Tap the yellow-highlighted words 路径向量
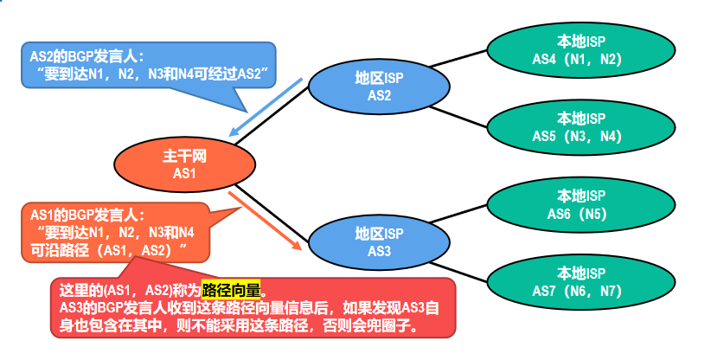point(231,289)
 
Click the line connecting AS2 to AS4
point(458,61)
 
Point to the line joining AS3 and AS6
point(458,221)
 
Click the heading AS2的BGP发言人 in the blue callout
point(81,56)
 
